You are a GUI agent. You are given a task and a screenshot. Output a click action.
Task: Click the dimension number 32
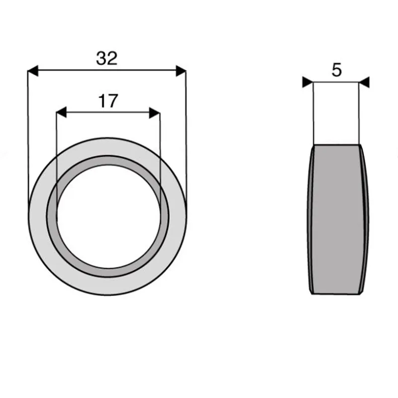pos(107,58)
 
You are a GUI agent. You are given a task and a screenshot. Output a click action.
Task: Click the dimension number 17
pos(108,101)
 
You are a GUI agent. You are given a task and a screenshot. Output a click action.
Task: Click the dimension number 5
pos(337,70)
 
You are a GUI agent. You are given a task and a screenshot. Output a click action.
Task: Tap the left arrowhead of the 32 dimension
pos(33,71)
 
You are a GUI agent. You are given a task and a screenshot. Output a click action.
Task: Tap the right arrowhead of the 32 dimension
pos(181,71)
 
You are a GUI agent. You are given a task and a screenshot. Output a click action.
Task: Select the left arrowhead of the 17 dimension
pos(61,112)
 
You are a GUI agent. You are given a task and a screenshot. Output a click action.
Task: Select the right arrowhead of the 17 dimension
pos(155,113)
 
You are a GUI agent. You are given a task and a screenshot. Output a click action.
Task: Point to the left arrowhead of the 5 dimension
pos(307,82)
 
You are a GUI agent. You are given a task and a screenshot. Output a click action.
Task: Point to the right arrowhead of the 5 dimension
pos(364,82)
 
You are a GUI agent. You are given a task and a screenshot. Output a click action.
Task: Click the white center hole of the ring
pos(108,216)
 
